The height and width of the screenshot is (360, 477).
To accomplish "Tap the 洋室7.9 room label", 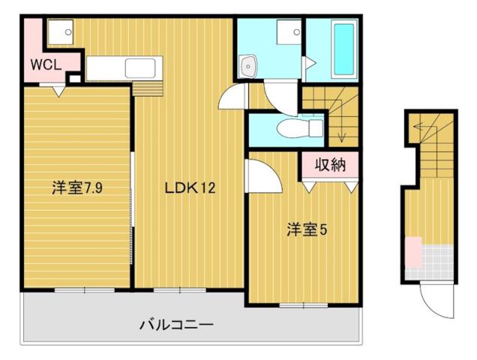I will (76, 188).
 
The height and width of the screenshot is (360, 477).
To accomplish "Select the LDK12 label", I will (190, 188).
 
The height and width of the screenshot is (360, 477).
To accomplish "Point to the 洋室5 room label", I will (305, 230).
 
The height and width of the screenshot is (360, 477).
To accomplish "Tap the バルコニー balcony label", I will (177, 325).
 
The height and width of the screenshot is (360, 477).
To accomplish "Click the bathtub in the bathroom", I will (343, 49).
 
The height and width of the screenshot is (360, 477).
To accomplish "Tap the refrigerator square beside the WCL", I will (59, 32).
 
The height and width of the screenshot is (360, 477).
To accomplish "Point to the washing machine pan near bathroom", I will (289, 32).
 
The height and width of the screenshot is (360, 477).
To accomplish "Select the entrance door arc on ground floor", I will (433, 303).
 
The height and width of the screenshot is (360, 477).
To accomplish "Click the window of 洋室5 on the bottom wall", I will (302, 304).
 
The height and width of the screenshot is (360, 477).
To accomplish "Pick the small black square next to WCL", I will (74, 76).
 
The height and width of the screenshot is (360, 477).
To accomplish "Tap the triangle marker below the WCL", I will (57, 90).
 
